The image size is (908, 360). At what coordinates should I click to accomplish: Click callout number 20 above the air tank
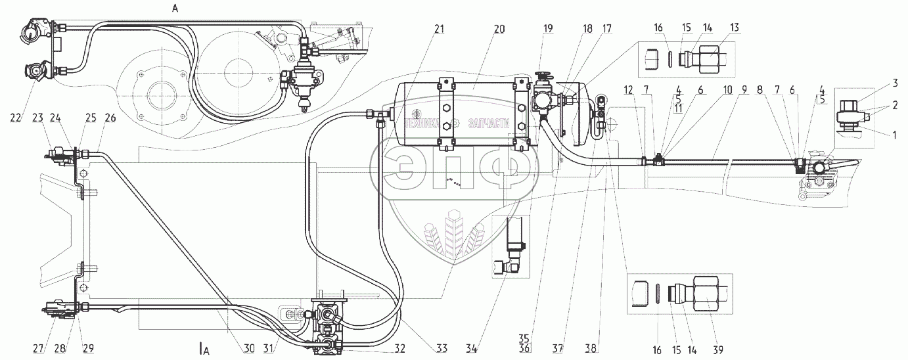499,29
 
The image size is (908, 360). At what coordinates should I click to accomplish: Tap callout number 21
439,29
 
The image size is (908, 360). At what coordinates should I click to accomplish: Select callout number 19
547,29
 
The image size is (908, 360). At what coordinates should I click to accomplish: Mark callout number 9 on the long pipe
742,94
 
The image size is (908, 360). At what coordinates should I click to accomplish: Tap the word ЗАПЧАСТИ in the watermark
488,124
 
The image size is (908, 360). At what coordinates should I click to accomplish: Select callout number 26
109,119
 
